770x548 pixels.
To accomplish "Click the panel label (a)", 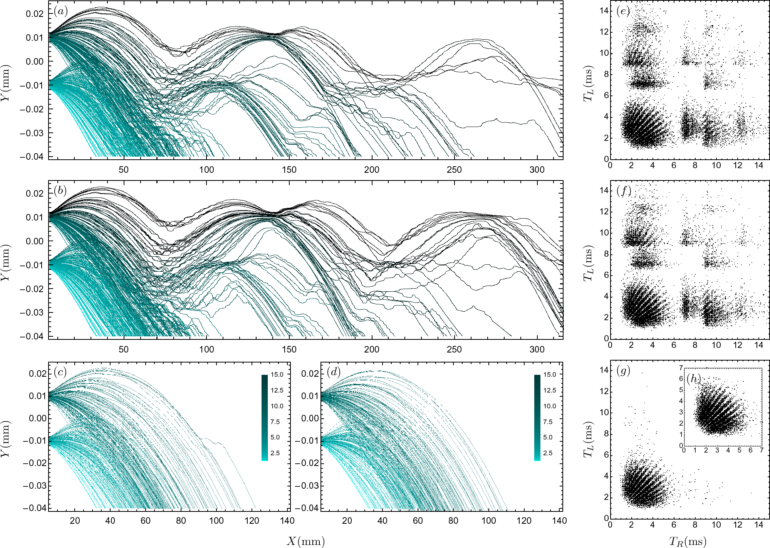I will [60, 11].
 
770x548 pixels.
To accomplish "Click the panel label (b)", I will [60, 190].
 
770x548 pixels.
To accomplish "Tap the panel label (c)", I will [60, 372].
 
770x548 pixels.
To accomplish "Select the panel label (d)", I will [333, 372].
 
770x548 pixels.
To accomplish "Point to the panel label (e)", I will [623, 11].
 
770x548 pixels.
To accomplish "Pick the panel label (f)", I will [623, 190].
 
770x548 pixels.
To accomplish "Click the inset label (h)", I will [693, 379].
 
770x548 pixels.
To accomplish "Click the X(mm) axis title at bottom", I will [305, 541].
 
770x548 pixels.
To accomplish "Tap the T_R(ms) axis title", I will [688, 541].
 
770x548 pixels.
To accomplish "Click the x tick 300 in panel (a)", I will [537, 170].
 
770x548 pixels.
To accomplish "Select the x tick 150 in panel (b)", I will [289, 349].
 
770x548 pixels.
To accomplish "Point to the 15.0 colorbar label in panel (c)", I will [277, 374].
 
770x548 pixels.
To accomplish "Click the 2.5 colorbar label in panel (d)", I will [548, 453].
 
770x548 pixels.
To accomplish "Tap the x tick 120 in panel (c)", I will [252, 521].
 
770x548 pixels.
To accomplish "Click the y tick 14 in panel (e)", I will [604, 11].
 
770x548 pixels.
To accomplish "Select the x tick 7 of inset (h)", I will [761, 450].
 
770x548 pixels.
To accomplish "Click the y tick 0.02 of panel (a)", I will [35, 14].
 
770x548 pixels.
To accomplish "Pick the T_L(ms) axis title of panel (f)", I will [588, 263].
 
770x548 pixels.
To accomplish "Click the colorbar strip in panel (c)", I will [264, 418].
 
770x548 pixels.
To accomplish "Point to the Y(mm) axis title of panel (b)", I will [5, 262].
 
